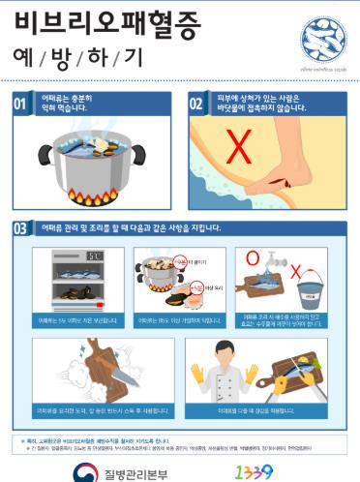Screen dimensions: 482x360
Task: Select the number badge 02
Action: pyautogui.click(x=195, y=104)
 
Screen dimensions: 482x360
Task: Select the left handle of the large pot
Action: pyautogui.click(x=43, y=153)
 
